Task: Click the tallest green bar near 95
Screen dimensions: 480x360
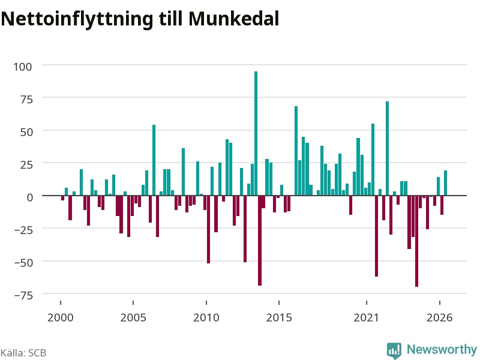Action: pos(256,133)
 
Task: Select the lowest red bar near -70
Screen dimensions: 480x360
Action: pos(416,241)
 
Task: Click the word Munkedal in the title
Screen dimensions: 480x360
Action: pos(233,19)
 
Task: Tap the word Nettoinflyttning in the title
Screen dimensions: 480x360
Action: pos(77,20)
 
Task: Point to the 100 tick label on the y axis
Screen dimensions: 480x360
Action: pos(23,67)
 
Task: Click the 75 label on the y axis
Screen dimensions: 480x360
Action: pos(26,99)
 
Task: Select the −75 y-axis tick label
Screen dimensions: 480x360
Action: pos(23,295)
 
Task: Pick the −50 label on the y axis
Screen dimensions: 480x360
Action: pos(23,263)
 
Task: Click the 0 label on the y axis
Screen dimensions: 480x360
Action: pos(29,197)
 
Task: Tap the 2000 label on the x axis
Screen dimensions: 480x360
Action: pos(61,317)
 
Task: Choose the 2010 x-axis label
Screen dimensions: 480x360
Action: pos(206,317)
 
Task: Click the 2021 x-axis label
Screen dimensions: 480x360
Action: pos(366,317)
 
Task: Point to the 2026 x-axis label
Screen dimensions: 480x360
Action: pos(439,317)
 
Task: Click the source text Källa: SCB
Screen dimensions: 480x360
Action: pos(23,353)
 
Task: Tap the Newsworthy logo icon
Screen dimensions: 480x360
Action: pos(394,350)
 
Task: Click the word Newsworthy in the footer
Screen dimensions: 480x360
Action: pos(442,349)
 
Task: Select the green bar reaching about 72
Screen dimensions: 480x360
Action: pos(387,148)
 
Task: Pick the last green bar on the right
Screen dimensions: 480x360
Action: pos(445,183)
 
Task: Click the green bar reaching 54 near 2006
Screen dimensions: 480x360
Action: pos(154,160)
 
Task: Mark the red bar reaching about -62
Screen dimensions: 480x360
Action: pos(377,236)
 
